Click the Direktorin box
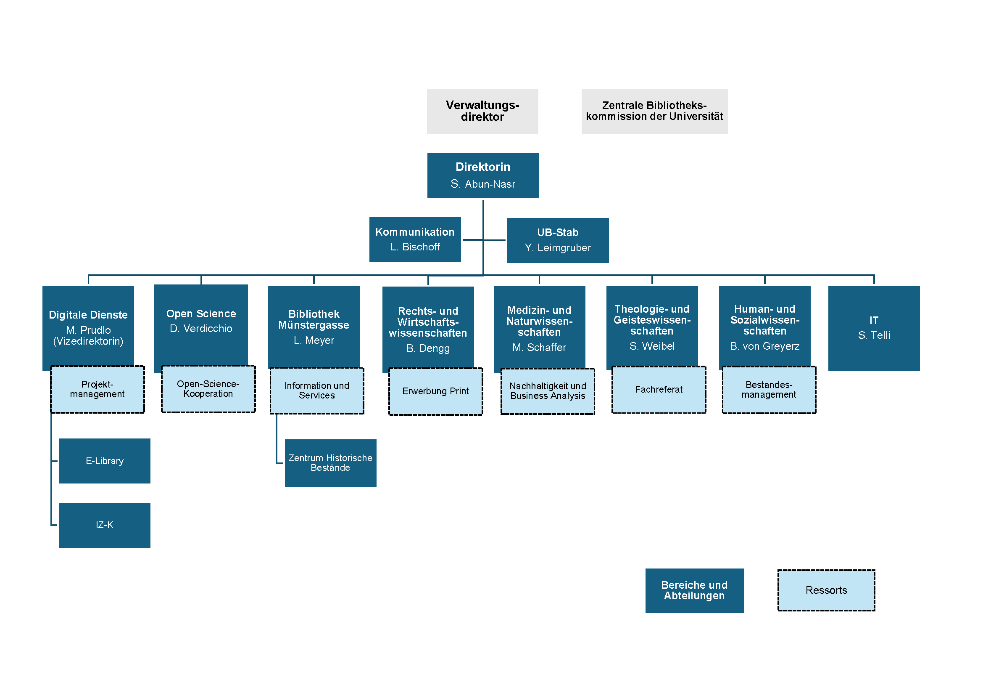pos(482,175)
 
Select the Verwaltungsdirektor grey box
pos(482,111)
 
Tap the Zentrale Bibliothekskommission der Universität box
pos(654,111)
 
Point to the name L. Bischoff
pos(415,247)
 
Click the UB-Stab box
pos(557,240)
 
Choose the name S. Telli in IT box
pos(873,335)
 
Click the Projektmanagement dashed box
pos(97,389)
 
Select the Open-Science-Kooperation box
pos(208,389)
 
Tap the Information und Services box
pos(317,391)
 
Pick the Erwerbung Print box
pos(435,391)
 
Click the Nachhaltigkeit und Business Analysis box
pos(548,391)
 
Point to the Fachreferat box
pos(659,390)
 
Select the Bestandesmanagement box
pos(769,390)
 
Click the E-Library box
pos(105,461)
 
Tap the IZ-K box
pos(105,525)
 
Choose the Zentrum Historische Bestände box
pos(330,463)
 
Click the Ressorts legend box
pos(826,590)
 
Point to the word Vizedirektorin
pos(88,341)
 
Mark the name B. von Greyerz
pos(764,346)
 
